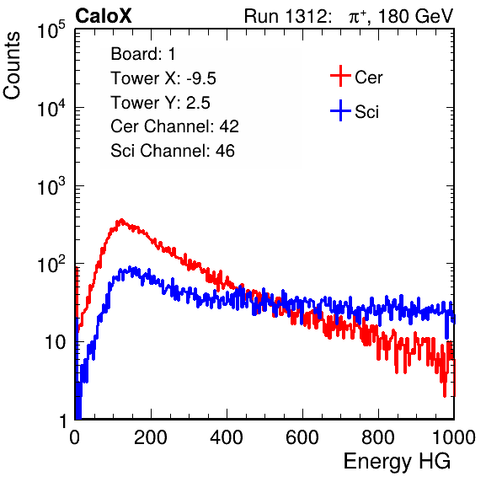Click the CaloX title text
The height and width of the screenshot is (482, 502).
[104, 16]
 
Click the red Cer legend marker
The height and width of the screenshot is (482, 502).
[340, 76]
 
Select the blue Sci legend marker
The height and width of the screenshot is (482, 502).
[340, 110]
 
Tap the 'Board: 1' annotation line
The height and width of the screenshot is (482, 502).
[143, 54]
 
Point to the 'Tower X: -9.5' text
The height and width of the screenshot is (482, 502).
[163, 78]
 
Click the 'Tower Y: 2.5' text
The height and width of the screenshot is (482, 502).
[160, 103]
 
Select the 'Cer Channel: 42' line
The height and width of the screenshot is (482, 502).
[174, 126]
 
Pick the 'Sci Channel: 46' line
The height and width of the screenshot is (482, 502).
[173, 151]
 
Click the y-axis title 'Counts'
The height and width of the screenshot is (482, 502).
[12, 66]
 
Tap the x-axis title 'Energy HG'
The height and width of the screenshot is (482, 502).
[397, 462]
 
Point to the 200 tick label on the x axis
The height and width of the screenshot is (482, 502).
[151, 437]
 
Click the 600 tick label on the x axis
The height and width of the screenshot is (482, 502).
[302, 437]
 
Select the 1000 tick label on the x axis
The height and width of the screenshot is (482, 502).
[454, 437]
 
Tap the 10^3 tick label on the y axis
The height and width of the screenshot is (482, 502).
[51, 186]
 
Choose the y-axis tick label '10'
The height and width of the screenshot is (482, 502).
[55, 342]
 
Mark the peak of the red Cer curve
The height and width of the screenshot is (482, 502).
[121, 220]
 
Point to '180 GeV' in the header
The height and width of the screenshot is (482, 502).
[416, 16]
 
